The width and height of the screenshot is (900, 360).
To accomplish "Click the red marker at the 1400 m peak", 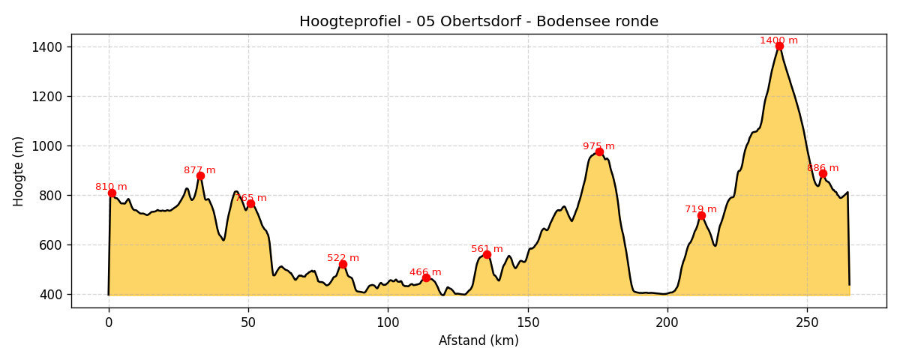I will coord(779,46).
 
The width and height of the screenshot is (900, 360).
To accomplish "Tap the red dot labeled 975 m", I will coord(599,151).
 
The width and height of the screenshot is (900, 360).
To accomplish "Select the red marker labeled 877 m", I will coord(200,175).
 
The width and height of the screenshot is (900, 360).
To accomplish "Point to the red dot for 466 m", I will coord(426,277).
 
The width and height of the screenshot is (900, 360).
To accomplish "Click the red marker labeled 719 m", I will coord(701,215).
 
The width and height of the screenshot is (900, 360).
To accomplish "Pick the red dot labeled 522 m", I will coord(343,264).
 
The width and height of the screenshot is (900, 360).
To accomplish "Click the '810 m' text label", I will coord(111,187).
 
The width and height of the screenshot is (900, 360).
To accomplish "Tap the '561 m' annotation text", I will coord(487,249).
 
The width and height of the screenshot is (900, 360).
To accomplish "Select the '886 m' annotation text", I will coord(823,168).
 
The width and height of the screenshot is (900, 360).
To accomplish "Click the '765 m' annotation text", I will coord(251,198).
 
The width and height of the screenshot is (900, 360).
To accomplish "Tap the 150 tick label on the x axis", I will coord(527,322).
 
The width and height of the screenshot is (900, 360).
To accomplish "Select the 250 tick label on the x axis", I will coord(807,322).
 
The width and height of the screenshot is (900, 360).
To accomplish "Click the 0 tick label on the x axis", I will coord(109,322).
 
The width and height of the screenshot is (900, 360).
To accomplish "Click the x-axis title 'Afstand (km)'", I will coord(478,340).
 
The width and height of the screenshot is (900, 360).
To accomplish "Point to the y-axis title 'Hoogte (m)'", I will coord(19,171).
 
